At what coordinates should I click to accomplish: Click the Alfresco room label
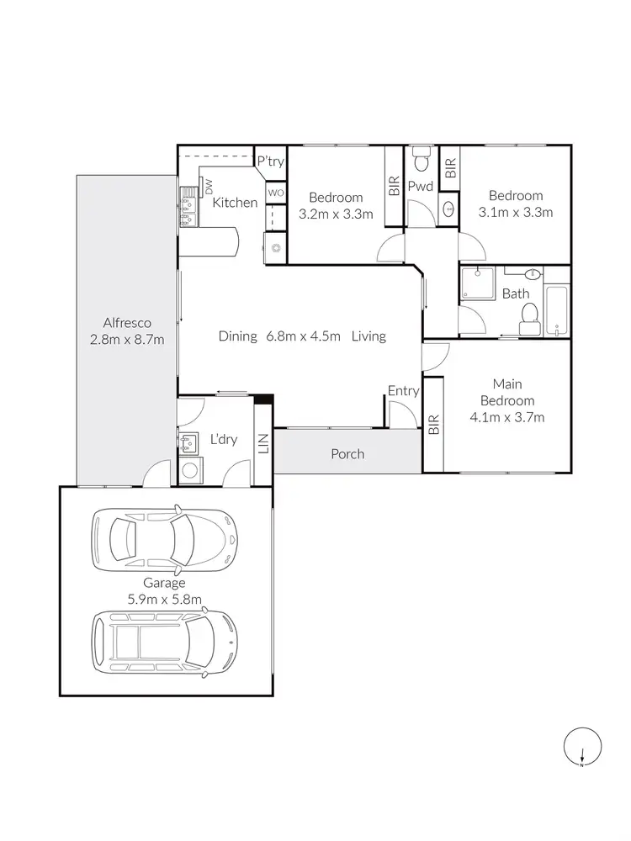126,322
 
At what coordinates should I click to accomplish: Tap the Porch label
347,454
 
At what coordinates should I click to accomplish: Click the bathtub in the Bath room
557,311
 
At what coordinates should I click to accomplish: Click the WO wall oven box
276,193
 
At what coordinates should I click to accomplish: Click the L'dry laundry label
221,439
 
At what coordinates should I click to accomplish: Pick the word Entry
403,390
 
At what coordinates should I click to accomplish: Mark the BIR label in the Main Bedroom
433,425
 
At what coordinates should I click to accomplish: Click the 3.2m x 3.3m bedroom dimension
336,214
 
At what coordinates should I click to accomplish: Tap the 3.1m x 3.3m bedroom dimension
516,212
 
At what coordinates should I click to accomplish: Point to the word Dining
237,336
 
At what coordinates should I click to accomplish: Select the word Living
369,336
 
